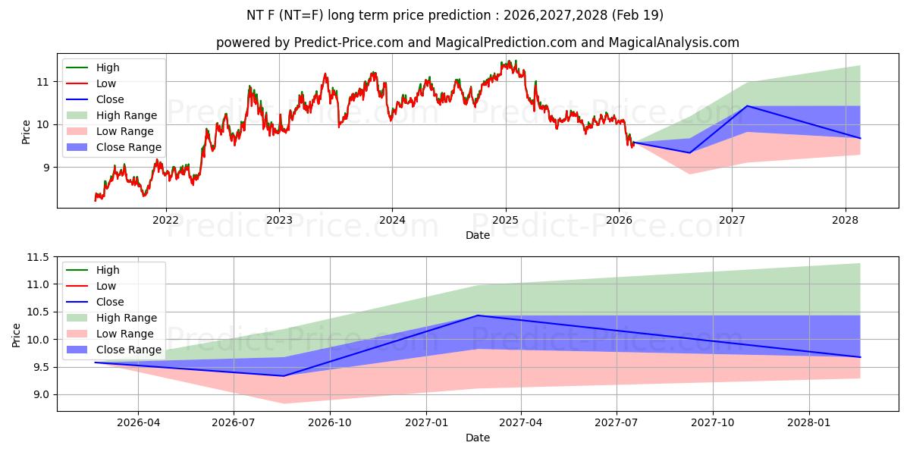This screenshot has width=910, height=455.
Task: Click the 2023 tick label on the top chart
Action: click(279, 220)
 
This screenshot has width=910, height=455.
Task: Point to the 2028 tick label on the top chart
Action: click(845, 220)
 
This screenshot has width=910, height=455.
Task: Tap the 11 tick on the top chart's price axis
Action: click(43, 82)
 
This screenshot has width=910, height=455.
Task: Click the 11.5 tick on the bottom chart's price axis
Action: click(38, 258)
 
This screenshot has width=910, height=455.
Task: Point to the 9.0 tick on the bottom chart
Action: click(41, 394)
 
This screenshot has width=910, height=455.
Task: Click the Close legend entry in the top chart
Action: click(110, 99)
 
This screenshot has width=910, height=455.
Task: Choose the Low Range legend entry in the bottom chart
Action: click(126, 334)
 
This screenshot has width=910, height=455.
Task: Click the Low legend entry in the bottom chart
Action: click(106, 286)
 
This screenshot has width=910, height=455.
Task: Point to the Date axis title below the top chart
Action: click(478, 235)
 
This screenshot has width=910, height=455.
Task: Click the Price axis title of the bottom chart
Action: click(17, 334)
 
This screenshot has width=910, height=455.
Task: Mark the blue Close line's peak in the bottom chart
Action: click(477, 315)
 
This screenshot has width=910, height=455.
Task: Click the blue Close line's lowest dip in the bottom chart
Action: click(284, 375)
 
